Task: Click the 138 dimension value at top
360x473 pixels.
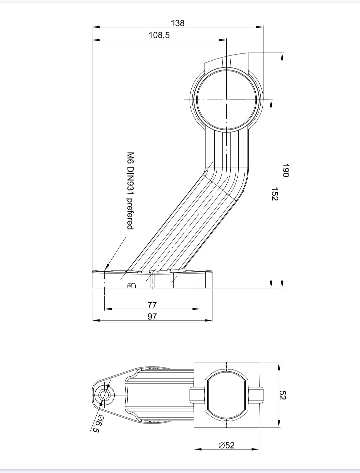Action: click(177, 23)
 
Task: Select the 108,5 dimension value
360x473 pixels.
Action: click(159, 35)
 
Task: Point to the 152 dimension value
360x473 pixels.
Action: click(275, 194)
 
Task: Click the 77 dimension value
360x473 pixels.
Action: click(152, 305)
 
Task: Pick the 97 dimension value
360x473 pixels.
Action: click(152, 316)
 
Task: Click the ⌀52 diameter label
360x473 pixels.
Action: click(227, 445)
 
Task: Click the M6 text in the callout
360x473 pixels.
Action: click(130, 157)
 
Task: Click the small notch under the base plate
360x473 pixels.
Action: click(132, 285)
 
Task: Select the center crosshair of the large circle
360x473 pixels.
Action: click(226, 100)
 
